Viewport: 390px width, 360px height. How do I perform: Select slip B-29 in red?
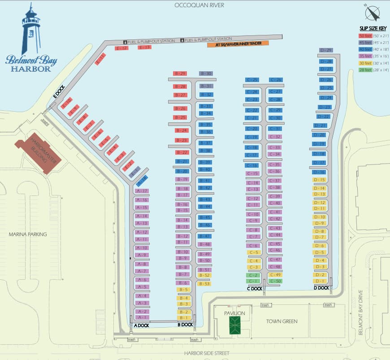click(x=180, y=73)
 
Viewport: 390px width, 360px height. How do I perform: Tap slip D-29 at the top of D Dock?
click(x=326, y=50)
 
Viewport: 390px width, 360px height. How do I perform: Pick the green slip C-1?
click(x=253, y=281)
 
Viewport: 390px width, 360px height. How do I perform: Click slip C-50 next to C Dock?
click(x=275, y=281)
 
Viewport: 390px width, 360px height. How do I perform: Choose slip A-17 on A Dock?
click(x=142, y=191)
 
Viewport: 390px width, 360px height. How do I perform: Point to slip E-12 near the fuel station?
click(x=121, y=48)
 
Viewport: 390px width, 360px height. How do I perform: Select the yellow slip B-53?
click(x=204, y=283)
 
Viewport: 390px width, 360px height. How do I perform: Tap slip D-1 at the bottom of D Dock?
click(x=320, y=281)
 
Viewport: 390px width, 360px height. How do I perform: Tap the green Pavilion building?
click(x=234, y=325)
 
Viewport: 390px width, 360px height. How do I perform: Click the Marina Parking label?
click(x=28, y=234)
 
